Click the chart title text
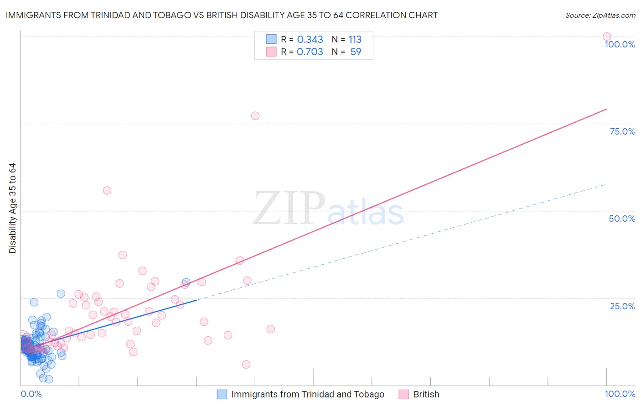(222, 15)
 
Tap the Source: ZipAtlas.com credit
(600, 15)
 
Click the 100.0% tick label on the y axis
(620, 44)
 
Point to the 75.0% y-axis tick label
(622, 131)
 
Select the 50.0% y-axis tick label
(622, 219)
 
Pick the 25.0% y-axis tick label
(622, 306)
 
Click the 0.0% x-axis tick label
(31, 394)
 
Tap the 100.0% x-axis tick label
(620, 394)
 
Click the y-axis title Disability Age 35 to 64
(12, 208)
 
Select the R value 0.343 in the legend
(310, 39)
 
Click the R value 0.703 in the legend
(310, 52)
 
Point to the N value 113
(355, 39)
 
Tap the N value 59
(356, 52)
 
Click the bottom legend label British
(426, 394)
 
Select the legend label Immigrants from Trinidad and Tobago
(308, 394)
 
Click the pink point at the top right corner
(607, 37)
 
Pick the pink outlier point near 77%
(255, 116)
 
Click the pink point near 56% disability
(107, 190)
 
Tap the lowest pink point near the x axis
(246, 364)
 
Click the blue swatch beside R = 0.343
(271, 39)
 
